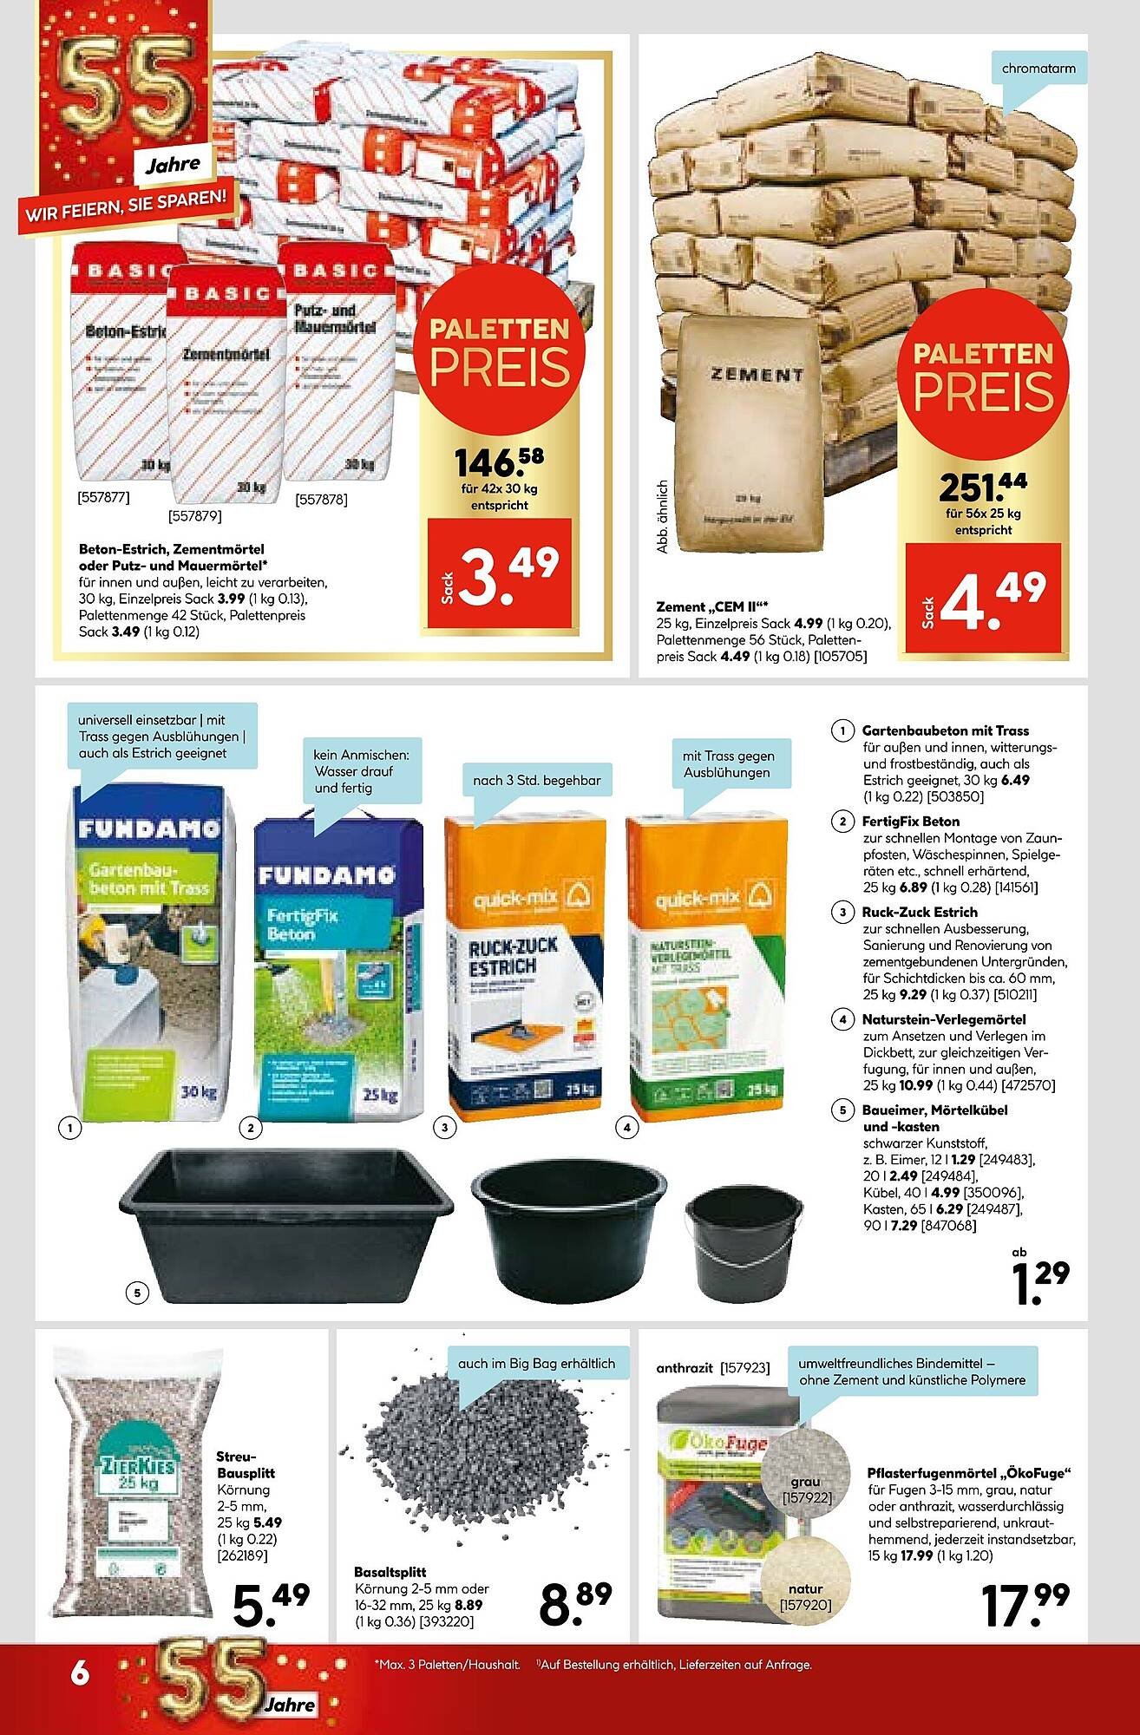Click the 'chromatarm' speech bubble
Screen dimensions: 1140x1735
click(x=1038, y=69)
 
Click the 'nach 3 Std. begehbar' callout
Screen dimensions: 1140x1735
click(x=536, y=780)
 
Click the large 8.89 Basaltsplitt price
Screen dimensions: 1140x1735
click(x=575, y=1602)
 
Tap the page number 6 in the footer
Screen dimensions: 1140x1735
click(x=80, y=1673)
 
